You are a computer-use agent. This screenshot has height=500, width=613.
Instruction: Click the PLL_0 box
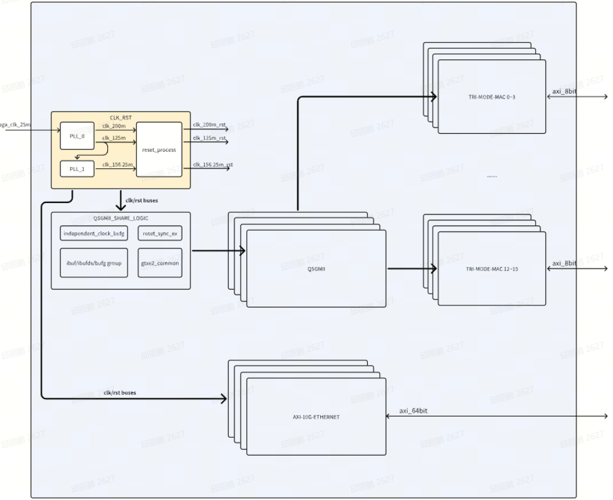(x=77, y=136)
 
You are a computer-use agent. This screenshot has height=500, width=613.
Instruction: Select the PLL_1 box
(x=77, y=169)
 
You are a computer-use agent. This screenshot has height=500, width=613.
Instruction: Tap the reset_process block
(x=159, y=149)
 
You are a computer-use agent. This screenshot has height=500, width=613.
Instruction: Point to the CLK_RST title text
(x=121, y=117)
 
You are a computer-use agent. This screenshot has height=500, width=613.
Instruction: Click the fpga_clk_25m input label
(x=15, y=123)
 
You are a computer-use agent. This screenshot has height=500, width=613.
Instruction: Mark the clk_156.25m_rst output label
(x=212, y=164)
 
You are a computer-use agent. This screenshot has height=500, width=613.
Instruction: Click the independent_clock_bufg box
(x=94, y=233)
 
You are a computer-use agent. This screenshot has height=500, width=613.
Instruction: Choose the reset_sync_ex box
(x=159, y=233)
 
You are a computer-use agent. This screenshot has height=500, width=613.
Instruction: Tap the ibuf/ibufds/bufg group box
(x=94, y=263)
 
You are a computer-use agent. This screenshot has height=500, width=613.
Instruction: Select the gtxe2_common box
(x=159, y=263)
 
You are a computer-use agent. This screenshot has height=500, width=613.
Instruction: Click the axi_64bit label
(x=413, y=411)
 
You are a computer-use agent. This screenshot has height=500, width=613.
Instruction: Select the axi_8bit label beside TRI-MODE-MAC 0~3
(x=564, y=92)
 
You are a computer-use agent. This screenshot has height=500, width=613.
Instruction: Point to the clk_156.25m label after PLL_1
(x=118, y=164)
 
